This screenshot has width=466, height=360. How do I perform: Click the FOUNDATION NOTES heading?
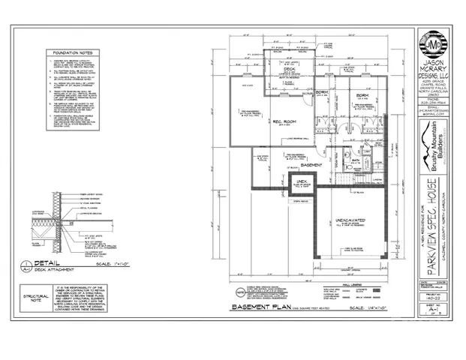pyautogui.click(x=77, y=53)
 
